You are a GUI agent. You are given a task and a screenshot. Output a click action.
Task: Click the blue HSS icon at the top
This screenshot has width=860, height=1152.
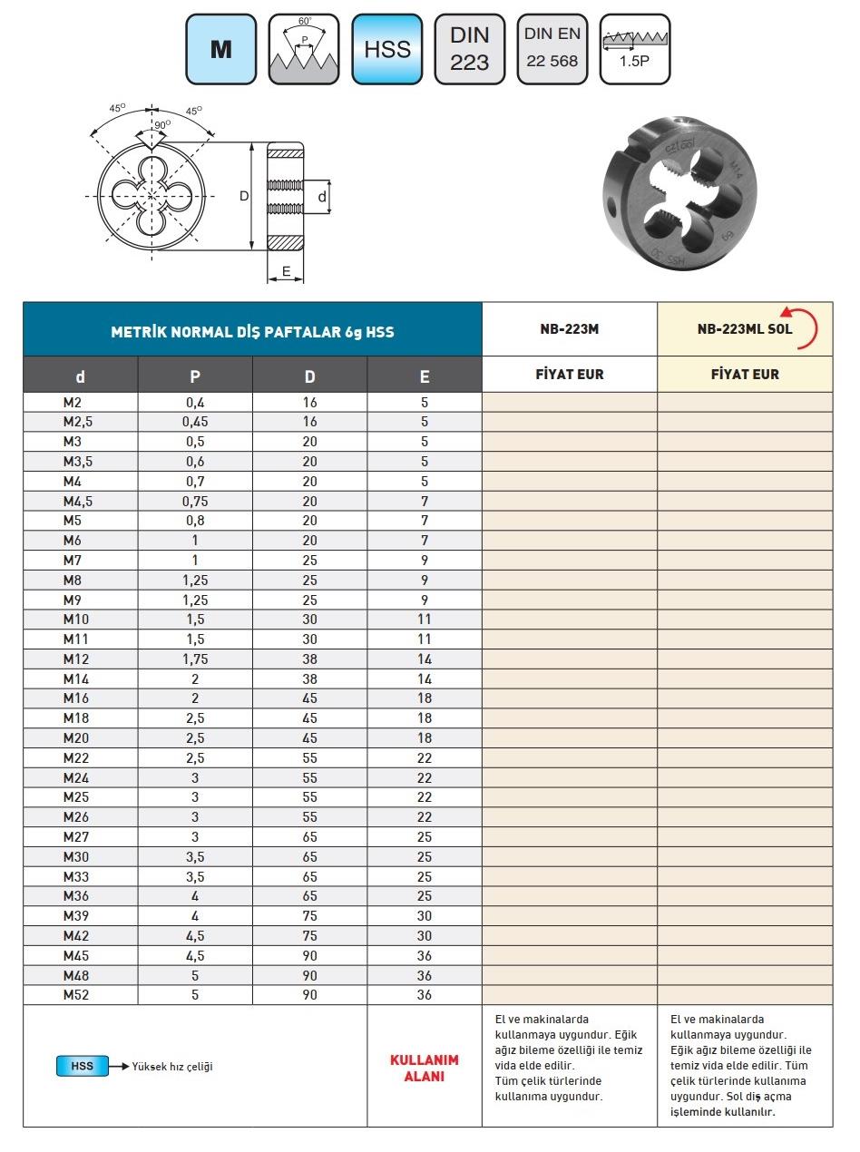386,49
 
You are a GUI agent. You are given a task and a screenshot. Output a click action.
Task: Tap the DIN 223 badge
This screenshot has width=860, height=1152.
469,49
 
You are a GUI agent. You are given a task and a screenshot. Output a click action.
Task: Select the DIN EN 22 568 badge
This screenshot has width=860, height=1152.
552,49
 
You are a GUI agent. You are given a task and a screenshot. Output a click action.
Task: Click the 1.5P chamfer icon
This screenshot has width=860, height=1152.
634,49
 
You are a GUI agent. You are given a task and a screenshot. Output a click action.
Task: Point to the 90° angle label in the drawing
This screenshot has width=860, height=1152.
162,125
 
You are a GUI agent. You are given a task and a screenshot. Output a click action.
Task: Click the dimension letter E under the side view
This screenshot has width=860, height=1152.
286,271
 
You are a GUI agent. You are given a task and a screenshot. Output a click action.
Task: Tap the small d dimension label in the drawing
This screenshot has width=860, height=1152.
322,196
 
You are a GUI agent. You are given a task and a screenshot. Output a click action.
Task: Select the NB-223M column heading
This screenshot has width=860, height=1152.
569,329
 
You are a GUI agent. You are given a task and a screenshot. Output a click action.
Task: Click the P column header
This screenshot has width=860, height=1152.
195,376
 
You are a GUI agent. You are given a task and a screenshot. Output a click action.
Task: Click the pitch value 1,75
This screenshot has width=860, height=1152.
195,659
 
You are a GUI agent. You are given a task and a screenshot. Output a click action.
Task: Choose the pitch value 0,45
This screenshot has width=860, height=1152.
195,422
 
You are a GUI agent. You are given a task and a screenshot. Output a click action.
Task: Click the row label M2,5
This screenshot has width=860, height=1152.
79,422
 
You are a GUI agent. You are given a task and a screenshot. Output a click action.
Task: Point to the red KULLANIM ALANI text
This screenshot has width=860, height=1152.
424,1069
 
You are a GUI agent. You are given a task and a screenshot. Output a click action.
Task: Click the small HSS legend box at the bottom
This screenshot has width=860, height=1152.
82,1067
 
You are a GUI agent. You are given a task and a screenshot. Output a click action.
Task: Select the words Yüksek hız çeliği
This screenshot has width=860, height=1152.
172,1067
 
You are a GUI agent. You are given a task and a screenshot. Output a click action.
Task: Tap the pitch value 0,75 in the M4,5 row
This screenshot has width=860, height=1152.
195,502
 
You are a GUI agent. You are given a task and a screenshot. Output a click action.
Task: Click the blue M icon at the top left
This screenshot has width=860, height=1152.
220,49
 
